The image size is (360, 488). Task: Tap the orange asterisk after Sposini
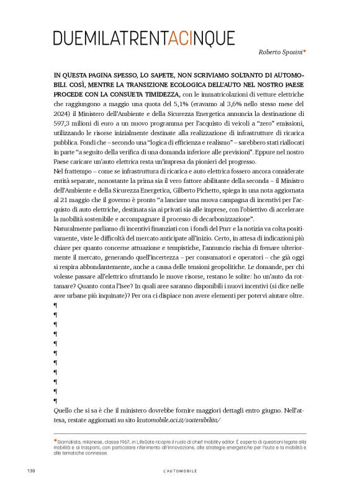[x=305, y=53]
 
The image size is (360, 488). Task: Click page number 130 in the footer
[x=31, y=471]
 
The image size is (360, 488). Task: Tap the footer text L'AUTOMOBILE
[x=179, y=471]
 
